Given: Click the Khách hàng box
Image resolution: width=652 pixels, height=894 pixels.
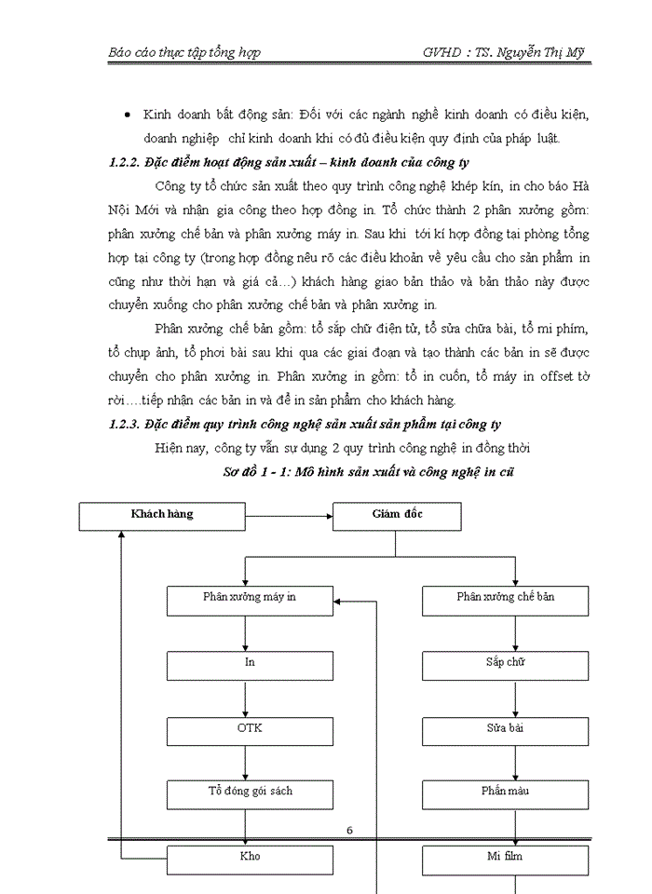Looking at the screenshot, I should tap(161, 516).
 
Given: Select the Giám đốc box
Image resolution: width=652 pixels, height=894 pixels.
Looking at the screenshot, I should tap(395, 516).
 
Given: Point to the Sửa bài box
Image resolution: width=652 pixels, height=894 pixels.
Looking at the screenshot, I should tap(504, 729).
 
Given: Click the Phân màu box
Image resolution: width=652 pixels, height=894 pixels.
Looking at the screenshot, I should tap(504, 793).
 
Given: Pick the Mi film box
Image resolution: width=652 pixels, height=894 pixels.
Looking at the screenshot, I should tap(504, 857).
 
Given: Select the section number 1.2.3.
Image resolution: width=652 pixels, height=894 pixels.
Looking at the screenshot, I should tap(124, 425).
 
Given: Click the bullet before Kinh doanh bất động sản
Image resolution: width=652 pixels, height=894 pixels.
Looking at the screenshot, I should tap(127, 115).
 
